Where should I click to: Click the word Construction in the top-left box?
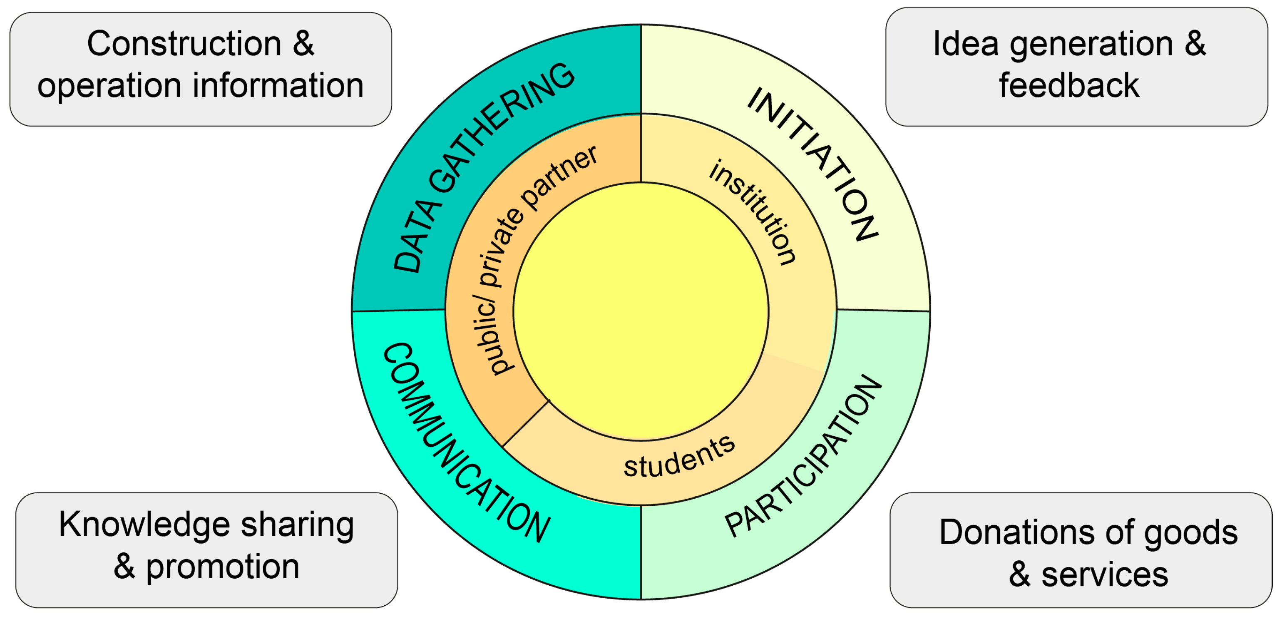184,44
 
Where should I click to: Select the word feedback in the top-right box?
1069,86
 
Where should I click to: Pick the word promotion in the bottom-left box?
222,567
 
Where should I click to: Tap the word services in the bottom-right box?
1104,575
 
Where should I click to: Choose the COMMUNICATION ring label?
465,443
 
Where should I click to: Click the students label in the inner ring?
679,457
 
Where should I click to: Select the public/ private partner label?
535,259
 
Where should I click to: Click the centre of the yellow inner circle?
641,311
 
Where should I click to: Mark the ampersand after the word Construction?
303,44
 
